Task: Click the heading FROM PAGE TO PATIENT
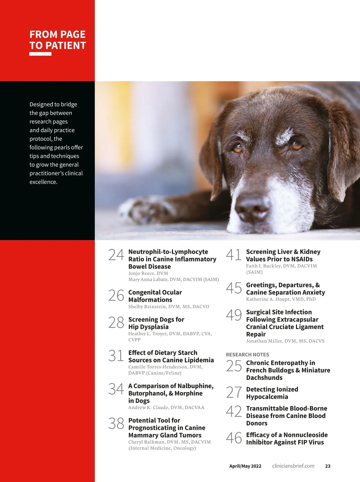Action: tap(58, 40)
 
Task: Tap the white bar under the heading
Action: tap(40, 54)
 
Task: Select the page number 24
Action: tap(116, 255)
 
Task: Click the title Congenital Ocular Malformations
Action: tap(155, 296)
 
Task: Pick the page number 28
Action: tap(116, 323)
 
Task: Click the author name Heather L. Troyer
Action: tap(148, 334)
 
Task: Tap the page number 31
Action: tap(116, 356)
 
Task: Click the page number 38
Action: tap(116, 423)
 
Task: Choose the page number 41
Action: tap(234, 255)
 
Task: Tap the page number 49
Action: tap(234, 315)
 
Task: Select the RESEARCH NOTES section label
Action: tap(247, 354)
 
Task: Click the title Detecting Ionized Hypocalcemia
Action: tap(272, 393)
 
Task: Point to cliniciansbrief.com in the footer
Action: tap(293, 466)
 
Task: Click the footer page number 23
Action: tap(328, 466)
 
